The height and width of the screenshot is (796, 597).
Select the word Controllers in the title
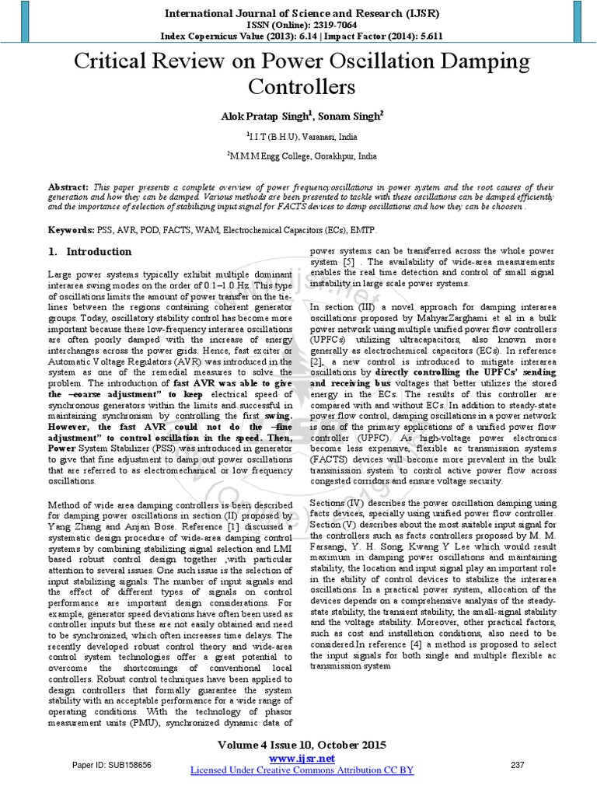[298, 86]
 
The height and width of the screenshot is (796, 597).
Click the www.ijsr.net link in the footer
[302, 758]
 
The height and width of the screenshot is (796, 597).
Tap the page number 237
[517, 765]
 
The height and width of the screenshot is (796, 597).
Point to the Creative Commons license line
[302, 770]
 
